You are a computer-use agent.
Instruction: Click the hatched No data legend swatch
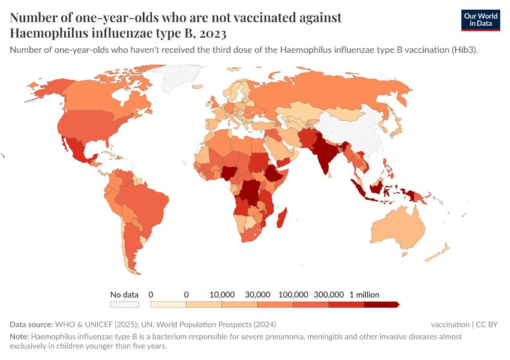[x=124, y=304]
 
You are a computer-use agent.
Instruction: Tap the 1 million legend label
[x=364, y=295]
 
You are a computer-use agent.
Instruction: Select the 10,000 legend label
[x=222, y=295]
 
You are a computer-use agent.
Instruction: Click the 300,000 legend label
[x=329, y=295]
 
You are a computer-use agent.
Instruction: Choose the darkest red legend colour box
[x=380, y=304]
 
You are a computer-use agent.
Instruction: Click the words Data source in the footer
[x=31, y=324]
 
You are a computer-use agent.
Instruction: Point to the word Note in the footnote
[x=19, y=337]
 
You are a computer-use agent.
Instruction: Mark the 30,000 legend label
[x=257, y=295]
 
